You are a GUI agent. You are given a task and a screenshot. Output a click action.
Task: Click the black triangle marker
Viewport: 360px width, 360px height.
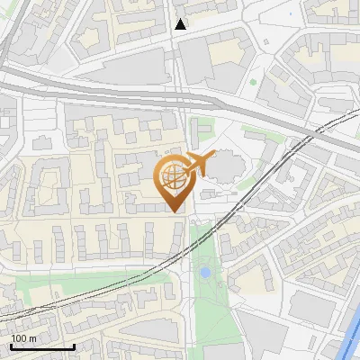pos(181,24)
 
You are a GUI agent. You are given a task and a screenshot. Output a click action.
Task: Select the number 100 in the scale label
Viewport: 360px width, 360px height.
pos(20,338)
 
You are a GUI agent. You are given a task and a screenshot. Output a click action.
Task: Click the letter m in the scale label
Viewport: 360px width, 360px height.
pos(32,338)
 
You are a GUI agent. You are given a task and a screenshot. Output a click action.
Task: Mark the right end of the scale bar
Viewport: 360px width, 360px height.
pos(73,346)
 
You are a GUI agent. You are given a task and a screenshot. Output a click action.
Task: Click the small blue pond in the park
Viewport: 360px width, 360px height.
pos(205,271)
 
